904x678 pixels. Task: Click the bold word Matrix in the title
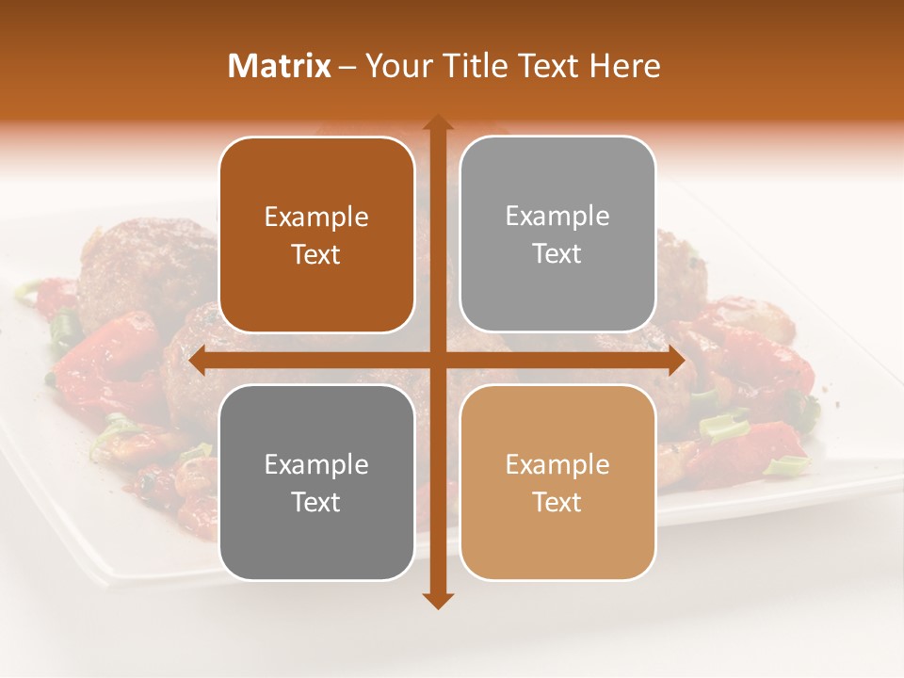(x=280, y=66)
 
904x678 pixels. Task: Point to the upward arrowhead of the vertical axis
(x=437, y=123)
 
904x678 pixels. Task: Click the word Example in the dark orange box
(x=316, y=218)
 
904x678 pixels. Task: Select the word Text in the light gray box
(x=557, y=254)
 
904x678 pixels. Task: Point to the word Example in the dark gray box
(x=316, y=465)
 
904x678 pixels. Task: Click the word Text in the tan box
(x=557, y=502)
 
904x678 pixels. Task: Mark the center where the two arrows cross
(x=437, y=361)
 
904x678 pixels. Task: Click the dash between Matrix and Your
(x=347, y=67)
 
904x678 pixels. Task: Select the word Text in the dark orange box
(x=316, y=254)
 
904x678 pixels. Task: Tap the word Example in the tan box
(x=557, y=465)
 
